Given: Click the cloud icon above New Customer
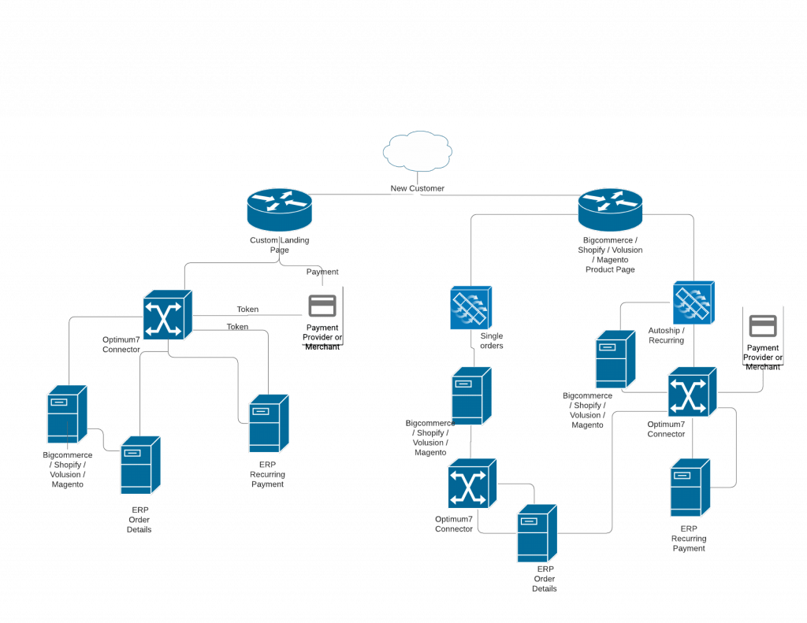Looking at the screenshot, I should (418, 152).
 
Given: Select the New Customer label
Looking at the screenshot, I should (418, 189).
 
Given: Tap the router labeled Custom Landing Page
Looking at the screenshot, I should (279, 206).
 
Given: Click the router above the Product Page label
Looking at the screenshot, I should (610, 206).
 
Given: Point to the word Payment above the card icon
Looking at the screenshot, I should (322, 272).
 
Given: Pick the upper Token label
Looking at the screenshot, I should (247, 310).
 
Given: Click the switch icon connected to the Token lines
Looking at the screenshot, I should (167, 315).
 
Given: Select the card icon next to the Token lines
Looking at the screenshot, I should (322, 306).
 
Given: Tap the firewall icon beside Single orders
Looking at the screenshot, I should (470, 307).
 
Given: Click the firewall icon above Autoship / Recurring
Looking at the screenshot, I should (694, 303).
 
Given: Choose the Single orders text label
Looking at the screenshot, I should (492, 340).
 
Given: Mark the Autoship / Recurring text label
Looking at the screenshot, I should (666, 336).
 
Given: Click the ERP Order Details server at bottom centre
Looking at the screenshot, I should (538, 533).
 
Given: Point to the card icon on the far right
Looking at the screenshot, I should (763, 325).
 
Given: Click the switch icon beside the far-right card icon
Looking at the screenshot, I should (693, 392).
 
